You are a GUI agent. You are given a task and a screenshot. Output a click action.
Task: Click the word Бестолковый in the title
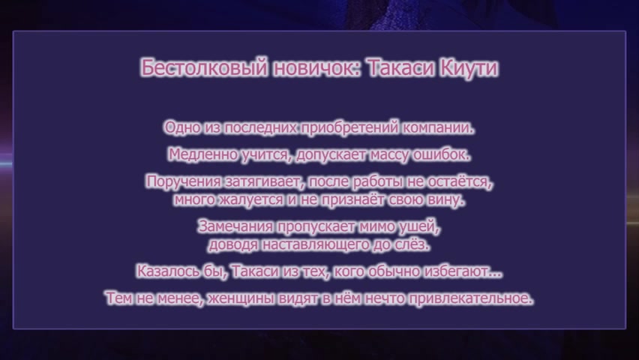(x=204, y=67)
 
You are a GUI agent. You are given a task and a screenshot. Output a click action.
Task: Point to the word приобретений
(x=349, y=128)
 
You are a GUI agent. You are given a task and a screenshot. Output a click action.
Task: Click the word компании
(x=439, y=128)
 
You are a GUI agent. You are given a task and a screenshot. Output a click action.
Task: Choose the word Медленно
(x=203, y=155)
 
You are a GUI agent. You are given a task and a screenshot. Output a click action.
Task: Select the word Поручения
(x=184, y=181)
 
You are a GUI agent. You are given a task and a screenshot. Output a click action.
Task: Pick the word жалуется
(x=251, y=200)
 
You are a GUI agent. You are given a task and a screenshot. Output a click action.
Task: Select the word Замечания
(x=235, y=226)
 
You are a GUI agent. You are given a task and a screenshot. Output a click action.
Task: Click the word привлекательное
(x=471, y=298)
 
